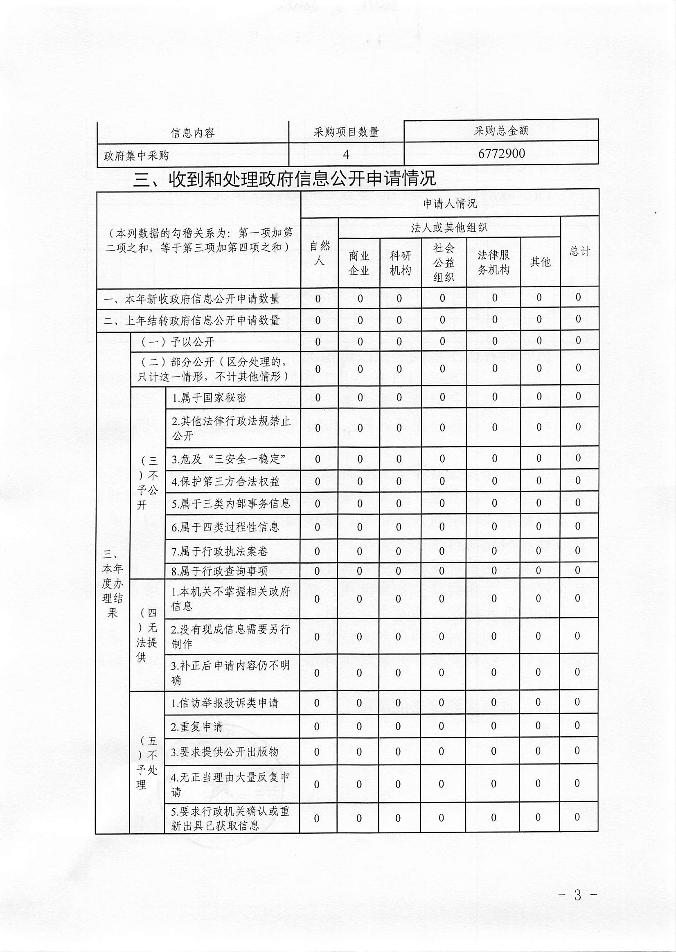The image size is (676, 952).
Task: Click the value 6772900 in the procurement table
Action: pyautogui.click(x=501, y=153)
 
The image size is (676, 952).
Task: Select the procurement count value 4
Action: pyautogui.click(x=346, y=154)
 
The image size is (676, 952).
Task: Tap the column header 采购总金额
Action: pyautogui.click(x=501, y=131)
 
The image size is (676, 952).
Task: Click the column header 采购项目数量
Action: pyautogui.click(x=346, y=132)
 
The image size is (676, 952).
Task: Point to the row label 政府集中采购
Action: pyautogui.click(x=136, y=156)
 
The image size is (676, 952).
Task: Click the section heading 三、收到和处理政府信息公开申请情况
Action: pyautogui.click(x=284, y=178)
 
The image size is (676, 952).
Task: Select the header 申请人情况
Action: pyautogui.click(x=450, y=203)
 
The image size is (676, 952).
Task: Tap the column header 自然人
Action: pyautogui.click(x=319, y=253)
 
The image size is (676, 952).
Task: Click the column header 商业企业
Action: pyautogui.click(x=359, y=263)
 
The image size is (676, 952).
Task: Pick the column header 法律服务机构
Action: pyautogui.click(x=493, y=262)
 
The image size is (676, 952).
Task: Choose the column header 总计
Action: pyautogui.click(x=579, y=251)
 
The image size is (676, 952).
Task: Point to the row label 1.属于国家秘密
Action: pyautogui.click(x=209, y=398)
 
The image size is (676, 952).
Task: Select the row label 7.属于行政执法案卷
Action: pyautogui.click(x=220, y=552)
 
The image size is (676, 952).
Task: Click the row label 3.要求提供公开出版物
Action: pyautogui.click(x=225, y=752)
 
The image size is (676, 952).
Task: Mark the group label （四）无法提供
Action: pyautogui.click(x=147, y=635)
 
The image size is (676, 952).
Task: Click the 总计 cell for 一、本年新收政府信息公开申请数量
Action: pyautogui.click(x=578, y=297)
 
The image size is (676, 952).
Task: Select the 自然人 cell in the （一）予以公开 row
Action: pyautogui.click(x=318, y=342)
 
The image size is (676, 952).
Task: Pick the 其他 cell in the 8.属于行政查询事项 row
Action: pyautogui.click(x=539, y=570)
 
